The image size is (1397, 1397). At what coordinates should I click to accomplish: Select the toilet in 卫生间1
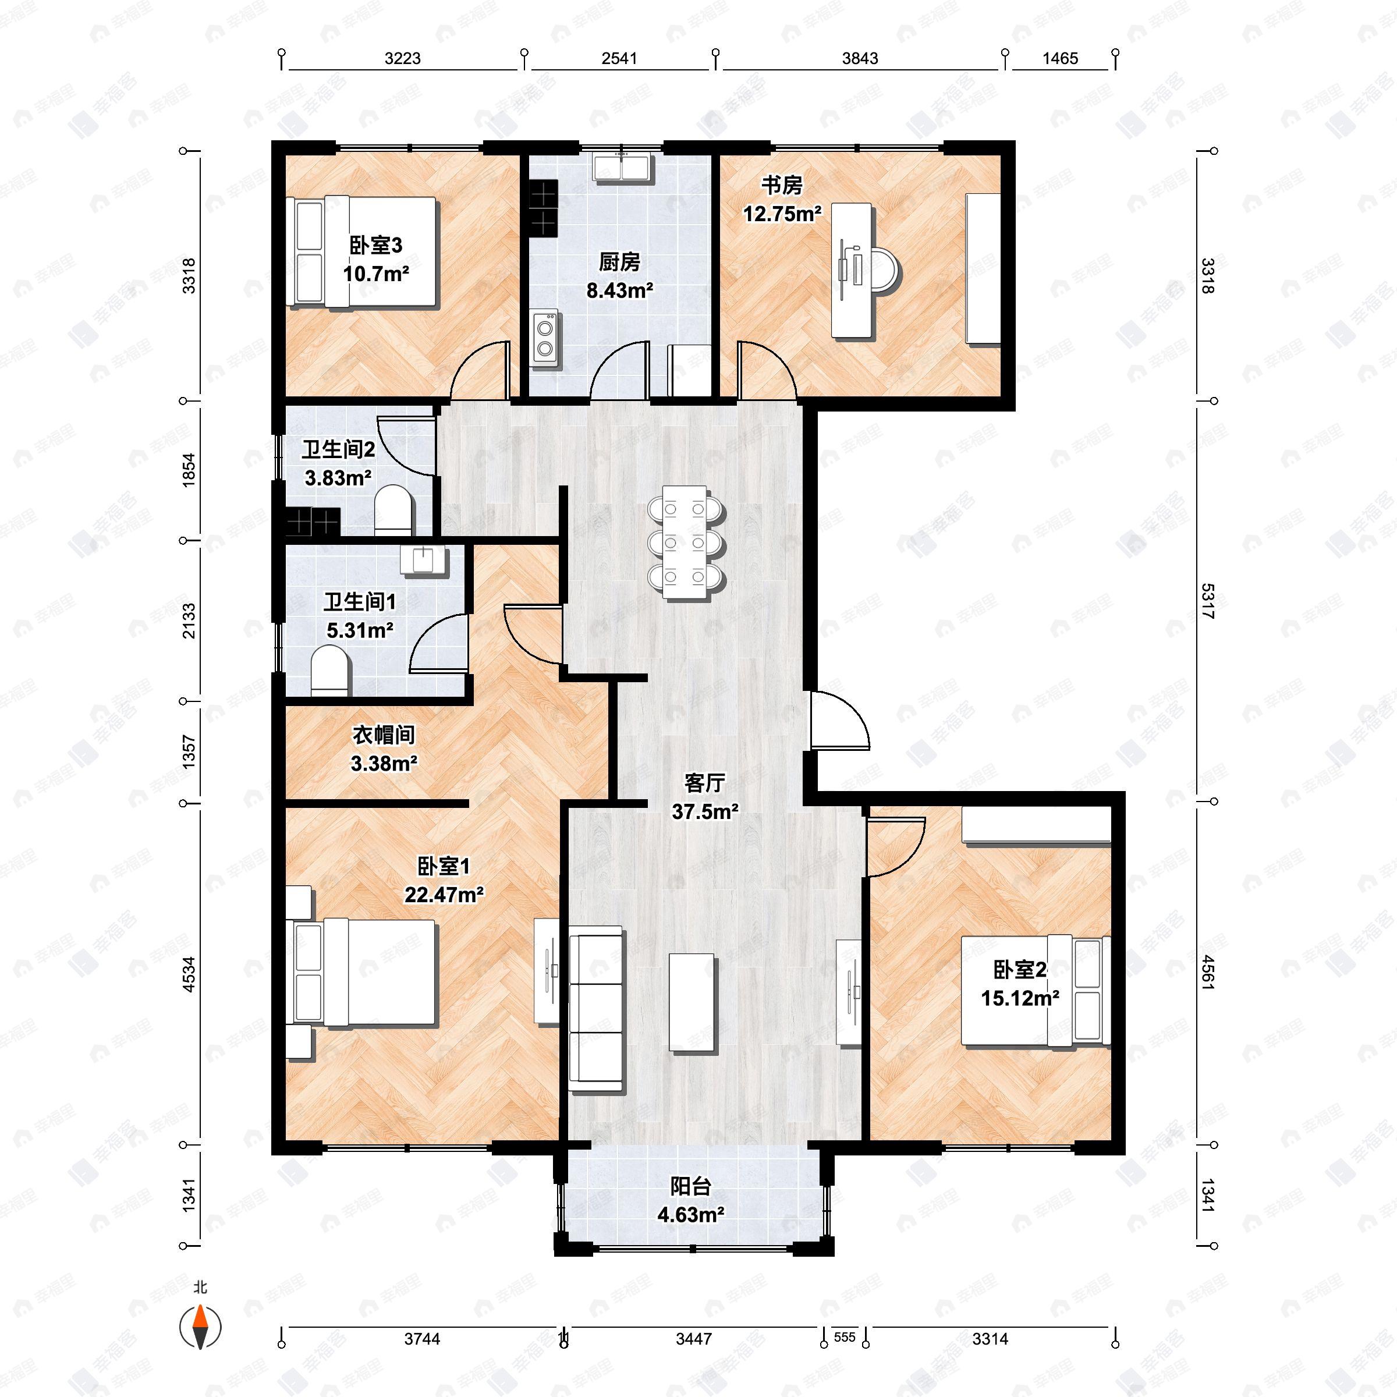coord(329,671)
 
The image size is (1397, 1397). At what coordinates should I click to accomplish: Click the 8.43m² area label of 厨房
coord(620,290)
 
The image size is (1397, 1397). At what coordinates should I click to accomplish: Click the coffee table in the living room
coord(692,1001)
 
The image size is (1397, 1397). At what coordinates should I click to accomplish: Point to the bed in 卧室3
coord(362,251)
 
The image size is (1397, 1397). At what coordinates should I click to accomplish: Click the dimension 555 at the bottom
coord(844,1337)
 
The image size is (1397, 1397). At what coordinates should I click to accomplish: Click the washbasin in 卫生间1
coord(424,561)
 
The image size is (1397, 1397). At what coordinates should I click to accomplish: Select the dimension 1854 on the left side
coord(189,470)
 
